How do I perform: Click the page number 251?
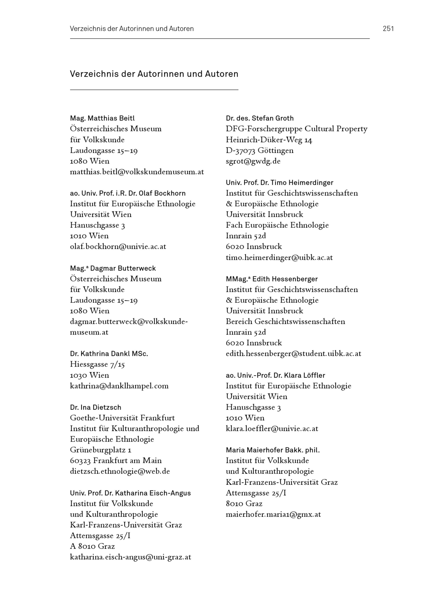click(388, 29)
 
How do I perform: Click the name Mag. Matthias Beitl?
click(102, 118)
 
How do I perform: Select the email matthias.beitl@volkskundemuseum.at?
click(137, 172)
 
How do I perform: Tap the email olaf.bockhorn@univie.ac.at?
click(118, 247)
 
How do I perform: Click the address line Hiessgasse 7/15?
click(97, 364)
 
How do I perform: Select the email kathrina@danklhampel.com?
click(119, 386)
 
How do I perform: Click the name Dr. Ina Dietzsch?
click(96, 407)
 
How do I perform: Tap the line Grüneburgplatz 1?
click(100, 450)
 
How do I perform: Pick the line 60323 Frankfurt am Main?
click(116, 461)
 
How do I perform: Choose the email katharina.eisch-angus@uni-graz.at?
click(130, 557)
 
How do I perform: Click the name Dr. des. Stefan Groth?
click(259, 118)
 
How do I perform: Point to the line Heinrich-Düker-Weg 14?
click(269, 140)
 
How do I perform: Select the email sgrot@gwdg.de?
click(253, 161)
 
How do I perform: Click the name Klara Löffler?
click(305, 375)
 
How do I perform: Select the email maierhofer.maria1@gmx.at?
click(273, 514)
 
